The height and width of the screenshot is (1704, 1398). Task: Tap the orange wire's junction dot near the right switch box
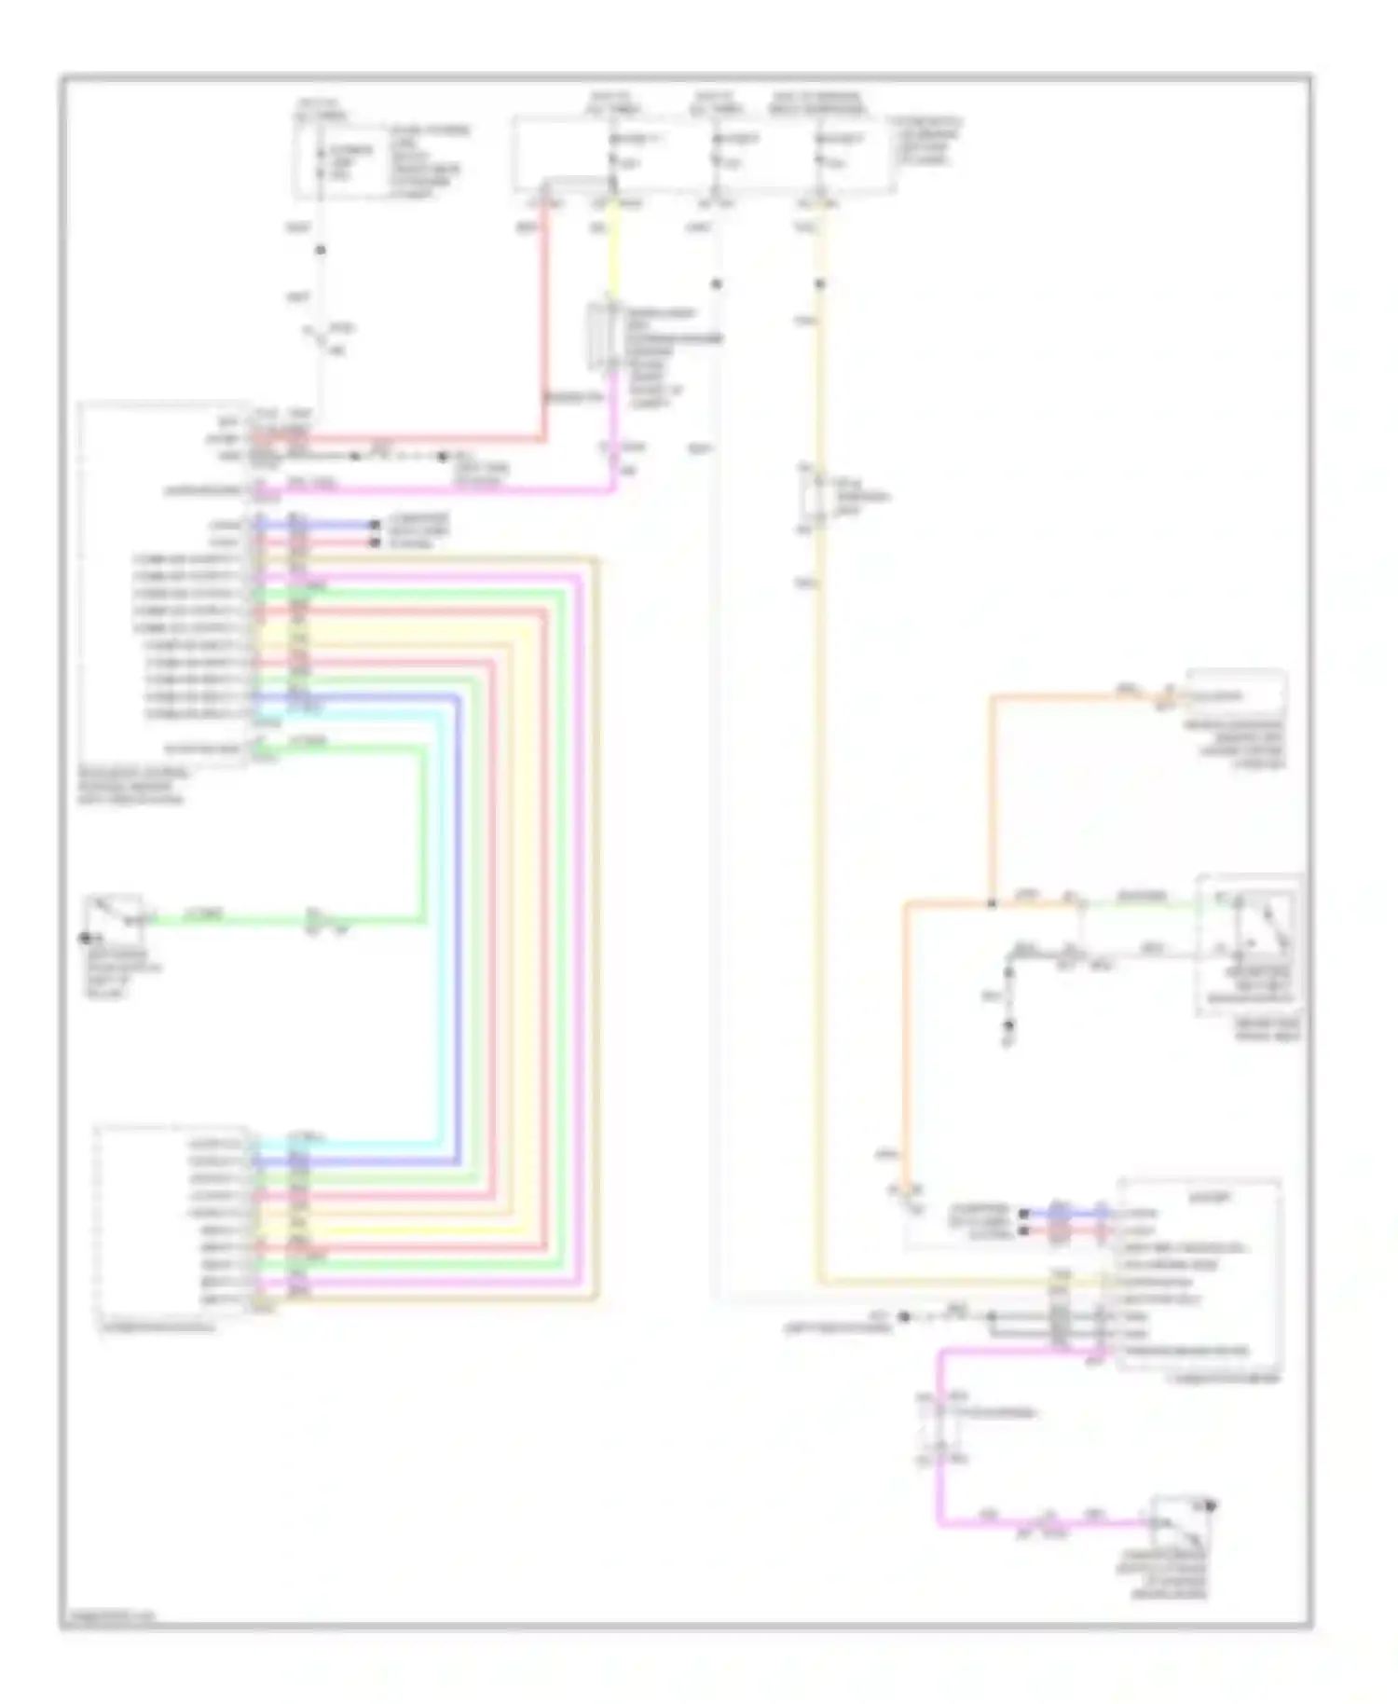(x=992, y=903)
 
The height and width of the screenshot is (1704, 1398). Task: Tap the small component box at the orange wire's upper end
(x=1235, y=695)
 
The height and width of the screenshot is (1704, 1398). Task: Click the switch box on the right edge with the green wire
(x=1249, y=941)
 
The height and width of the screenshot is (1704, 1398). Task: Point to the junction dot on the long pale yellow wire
(x=820, y=284)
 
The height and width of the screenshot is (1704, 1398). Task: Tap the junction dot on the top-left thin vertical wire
(x=320, y=251)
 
